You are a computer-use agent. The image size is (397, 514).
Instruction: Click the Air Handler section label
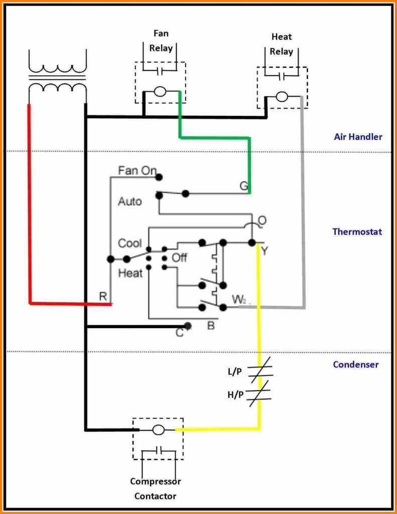(x=358, y=137)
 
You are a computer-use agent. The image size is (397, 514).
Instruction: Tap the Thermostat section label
(x=357, y=232)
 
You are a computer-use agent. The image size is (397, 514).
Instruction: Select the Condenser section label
(x=356, y=364)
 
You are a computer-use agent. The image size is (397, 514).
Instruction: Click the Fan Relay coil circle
(x=160, y=92)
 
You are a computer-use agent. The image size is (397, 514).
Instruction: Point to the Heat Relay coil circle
(x=282, y=97)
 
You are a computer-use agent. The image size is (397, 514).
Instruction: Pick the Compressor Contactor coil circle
(x=158, y=430)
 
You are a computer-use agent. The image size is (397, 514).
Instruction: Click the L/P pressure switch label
(x=235, y=372)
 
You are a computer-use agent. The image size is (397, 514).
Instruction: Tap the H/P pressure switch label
(x=235, y=395)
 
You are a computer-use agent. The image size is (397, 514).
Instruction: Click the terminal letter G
(x=243, y=186)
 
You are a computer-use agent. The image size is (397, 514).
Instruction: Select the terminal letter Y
(x=264, y=251)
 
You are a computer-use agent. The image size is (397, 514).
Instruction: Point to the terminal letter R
(x=103, y=296)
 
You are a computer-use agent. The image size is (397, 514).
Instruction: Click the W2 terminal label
(x=239, y=299)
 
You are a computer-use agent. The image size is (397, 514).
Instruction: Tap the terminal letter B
(x=211, y=325)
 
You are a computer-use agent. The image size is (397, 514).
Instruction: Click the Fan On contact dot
(x=159, y=177)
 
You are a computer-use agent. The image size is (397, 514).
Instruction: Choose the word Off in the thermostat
(x=179, y=258)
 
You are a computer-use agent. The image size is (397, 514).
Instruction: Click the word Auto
(x=130, y=201)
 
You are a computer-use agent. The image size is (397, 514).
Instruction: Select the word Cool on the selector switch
(x=130, y=243)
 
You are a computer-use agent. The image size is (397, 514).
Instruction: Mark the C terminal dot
(x=188, y=326)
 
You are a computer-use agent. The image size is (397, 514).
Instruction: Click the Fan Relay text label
(x=161, y=41)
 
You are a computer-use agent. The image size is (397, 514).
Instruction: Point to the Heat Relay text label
(x=282, y=44)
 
